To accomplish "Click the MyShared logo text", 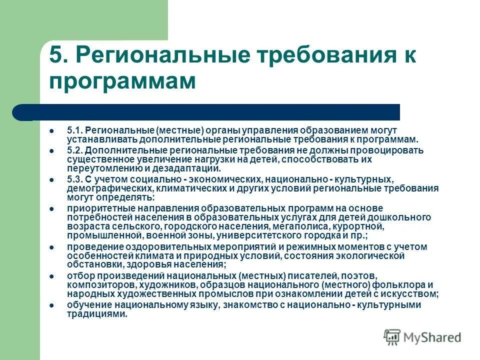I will click(432, 337).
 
